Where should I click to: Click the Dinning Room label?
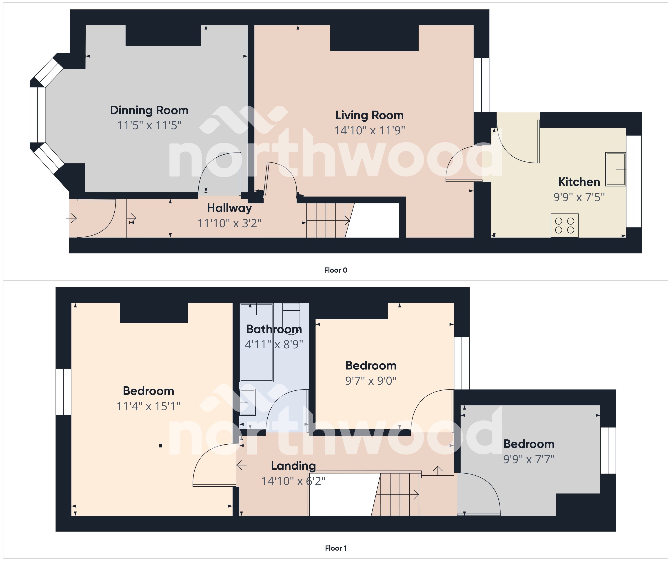click(x=149, y=110)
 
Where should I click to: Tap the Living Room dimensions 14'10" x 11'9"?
click(x=369, y=130)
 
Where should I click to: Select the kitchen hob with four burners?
click(x=564, y=225)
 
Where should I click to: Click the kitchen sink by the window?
click(x=615, y=169)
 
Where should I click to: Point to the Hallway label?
click(x=229, y=208)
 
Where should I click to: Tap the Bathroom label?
click(x=274, y=329)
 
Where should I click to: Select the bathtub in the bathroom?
click(x=256, y=342)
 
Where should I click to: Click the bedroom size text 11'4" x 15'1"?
click(x=149, y=406)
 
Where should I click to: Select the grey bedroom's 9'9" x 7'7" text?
click(x=529, y=459)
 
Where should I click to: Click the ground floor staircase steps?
click(x=326, y=220)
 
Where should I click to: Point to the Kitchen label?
click(x=579, y=182)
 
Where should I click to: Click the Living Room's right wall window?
click(x=481, y=85)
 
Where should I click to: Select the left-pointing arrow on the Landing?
click(x=242, y=465)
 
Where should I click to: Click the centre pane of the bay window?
click(x=37, y=115)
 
